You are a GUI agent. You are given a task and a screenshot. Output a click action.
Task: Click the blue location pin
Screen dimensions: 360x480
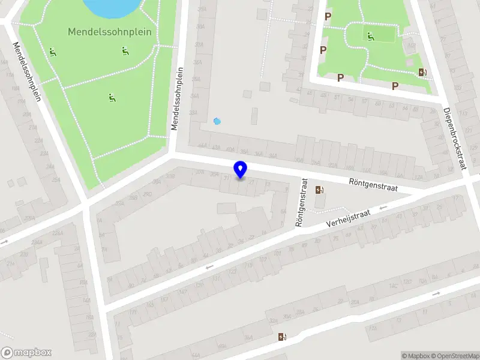[241, 169]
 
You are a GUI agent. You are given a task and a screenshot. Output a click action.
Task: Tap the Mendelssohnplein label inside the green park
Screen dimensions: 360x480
[109, 32]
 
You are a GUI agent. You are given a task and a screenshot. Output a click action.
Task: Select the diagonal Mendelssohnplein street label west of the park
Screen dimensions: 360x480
[28, 72]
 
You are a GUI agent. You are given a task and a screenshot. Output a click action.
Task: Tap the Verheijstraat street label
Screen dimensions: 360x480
[348, 218]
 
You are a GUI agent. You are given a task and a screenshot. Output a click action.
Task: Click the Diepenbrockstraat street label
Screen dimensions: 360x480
[454, 139]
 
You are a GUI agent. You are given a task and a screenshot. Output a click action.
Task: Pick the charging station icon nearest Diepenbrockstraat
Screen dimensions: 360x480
[423, 73]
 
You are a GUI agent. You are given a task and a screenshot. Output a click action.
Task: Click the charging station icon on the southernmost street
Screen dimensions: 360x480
[282, 337]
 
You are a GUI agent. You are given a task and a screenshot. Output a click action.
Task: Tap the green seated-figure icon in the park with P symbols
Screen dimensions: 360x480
[370, 37]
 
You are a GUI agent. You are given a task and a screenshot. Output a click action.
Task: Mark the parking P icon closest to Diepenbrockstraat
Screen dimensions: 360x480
[395, 86]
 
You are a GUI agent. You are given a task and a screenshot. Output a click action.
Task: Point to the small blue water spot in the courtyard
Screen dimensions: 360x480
[217, 121]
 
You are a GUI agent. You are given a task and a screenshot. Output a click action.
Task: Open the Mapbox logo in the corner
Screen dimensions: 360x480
[26, 353]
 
